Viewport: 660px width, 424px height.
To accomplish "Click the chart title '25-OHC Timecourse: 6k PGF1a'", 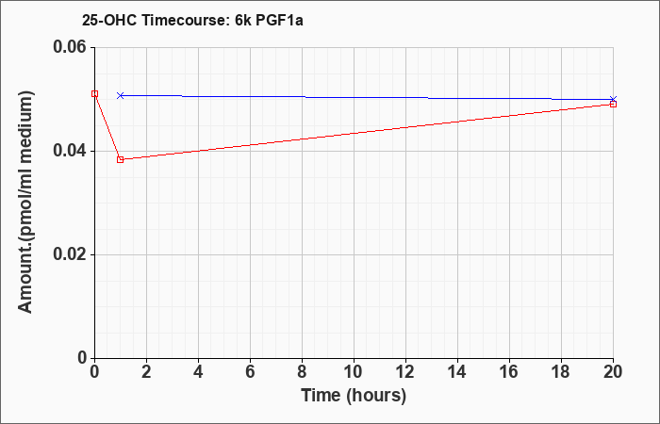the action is tap(192, 21).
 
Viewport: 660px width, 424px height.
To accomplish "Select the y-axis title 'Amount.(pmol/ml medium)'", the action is tap(25, 202).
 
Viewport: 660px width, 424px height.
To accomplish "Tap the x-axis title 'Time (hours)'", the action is tap(354, 396).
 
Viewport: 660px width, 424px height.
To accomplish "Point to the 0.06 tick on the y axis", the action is tap(74, 47).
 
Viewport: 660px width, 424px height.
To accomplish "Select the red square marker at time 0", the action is tap(94, 94).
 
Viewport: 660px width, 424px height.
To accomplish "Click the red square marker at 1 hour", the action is tap(121, 159).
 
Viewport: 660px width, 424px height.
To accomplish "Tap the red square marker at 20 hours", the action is tap(613, 104).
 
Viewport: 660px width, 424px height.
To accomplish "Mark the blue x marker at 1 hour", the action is tap(121, 95).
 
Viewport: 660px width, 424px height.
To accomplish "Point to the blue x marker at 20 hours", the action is tap(613, 99).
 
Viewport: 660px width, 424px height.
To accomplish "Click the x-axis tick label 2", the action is tap(146, 372).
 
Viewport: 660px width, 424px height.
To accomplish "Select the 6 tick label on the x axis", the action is tap(251, 372).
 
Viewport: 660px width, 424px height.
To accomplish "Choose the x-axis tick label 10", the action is tap(354, 372).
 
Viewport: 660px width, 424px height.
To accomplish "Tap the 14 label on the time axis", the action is tap(457, 372).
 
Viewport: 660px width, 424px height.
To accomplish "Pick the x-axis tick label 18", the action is tap(561, 372).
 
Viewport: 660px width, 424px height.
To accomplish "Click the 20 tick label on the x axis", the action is tap(613, 372).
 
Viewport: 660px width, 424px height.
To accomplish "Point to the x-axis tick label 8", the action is tap(303, 372).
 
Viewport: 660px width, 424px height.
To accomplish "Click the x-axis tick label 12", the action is tap(405, 372).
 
